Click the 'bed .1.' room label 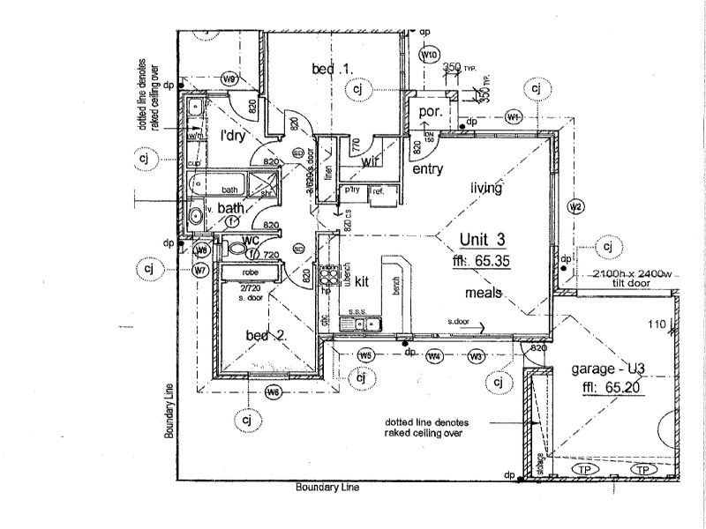pos(331,69)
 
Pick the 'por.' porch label pos(430,112)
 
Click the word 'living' pos(486,188)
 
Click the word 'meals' pos(486,293)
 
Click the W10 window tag pos(430,56)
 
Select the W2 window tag pos(575,207)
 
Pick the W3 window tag pos(476,356)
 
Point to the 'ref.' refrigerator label pos(377,190)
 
